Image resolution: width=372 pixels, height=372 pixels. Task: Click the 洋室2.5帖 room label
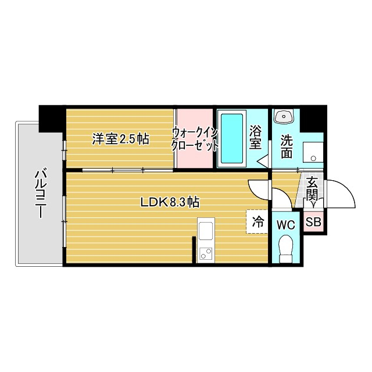pyautogui.click(x=121, y=139)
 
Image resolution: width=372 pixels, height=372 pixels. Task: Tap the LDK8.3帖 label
pyautogui.click(x=170, y=202)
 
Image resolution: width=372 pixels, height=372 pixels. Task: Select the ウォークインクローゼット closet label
pyautogui.click(x=195, y=139)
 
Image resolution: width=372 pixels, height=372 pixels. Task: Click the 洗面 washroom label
pyautogui.click(x=287, y=146)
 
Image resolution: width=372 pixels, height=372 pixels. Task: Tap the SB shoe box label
pyautogui.click(x=313, y=221)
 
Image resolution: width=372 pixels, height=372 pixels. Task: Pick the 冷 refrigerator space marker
pyautogui.click(x=257, y=221)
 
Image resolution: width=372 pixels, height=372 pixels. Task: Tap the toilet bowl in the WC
pyautogui.click(x=285, y=249)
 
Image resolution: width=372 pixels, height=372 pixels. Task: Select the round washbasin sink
pyautogui.click(x=284, y=116)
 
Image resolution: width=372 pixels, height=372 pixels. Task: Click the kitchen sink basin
pyautogui.click(x=206, y=232)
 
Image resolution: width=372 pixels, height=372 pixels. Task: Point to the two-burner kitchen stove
pyautogui.click(x=206, y=253)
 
